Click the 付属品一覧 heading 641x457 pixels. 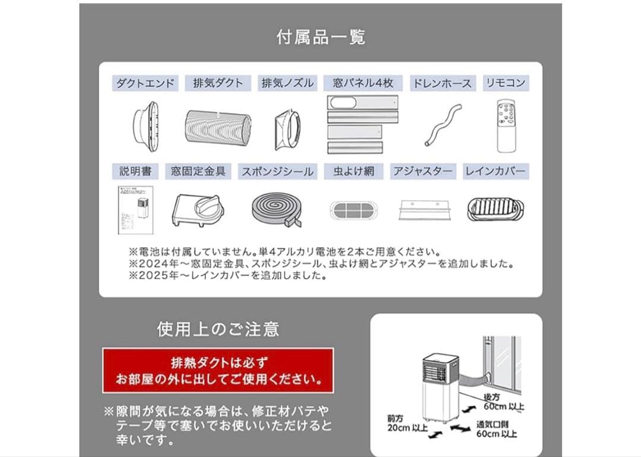320,37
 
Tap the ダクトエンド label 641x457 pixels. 145,83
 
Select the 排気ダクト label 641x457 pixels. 218,83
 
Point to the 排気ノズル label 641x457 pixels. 288,83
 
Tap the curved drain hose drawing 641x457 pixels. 443,126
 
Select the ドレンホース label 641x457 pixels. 442,83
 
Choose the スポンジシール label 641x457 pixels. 277,172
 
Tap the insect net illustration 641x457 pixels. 354,210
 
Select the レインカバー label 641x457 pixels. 495,172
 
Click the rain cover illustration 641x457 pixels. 495,209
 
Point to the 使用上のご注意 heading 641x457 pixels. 218,329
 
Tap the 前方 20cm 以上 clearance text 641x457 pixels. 399,424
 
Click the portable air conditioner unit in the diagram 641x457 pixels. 440,386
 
